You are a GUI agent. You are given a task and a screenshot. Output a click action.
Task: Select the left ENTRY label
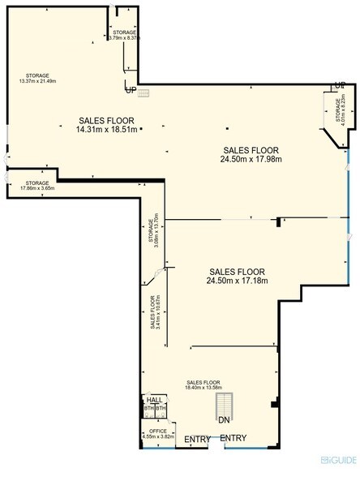coord(196,439)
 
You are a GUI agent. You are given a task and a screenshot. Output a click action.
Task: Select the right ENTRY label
coord(234,439)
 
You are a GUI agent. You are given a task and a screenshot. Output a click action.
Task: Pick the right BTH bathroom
coord(161,410)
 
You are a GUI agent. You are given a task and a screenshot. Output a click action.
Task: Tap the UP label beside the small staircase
coord(130,90)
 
